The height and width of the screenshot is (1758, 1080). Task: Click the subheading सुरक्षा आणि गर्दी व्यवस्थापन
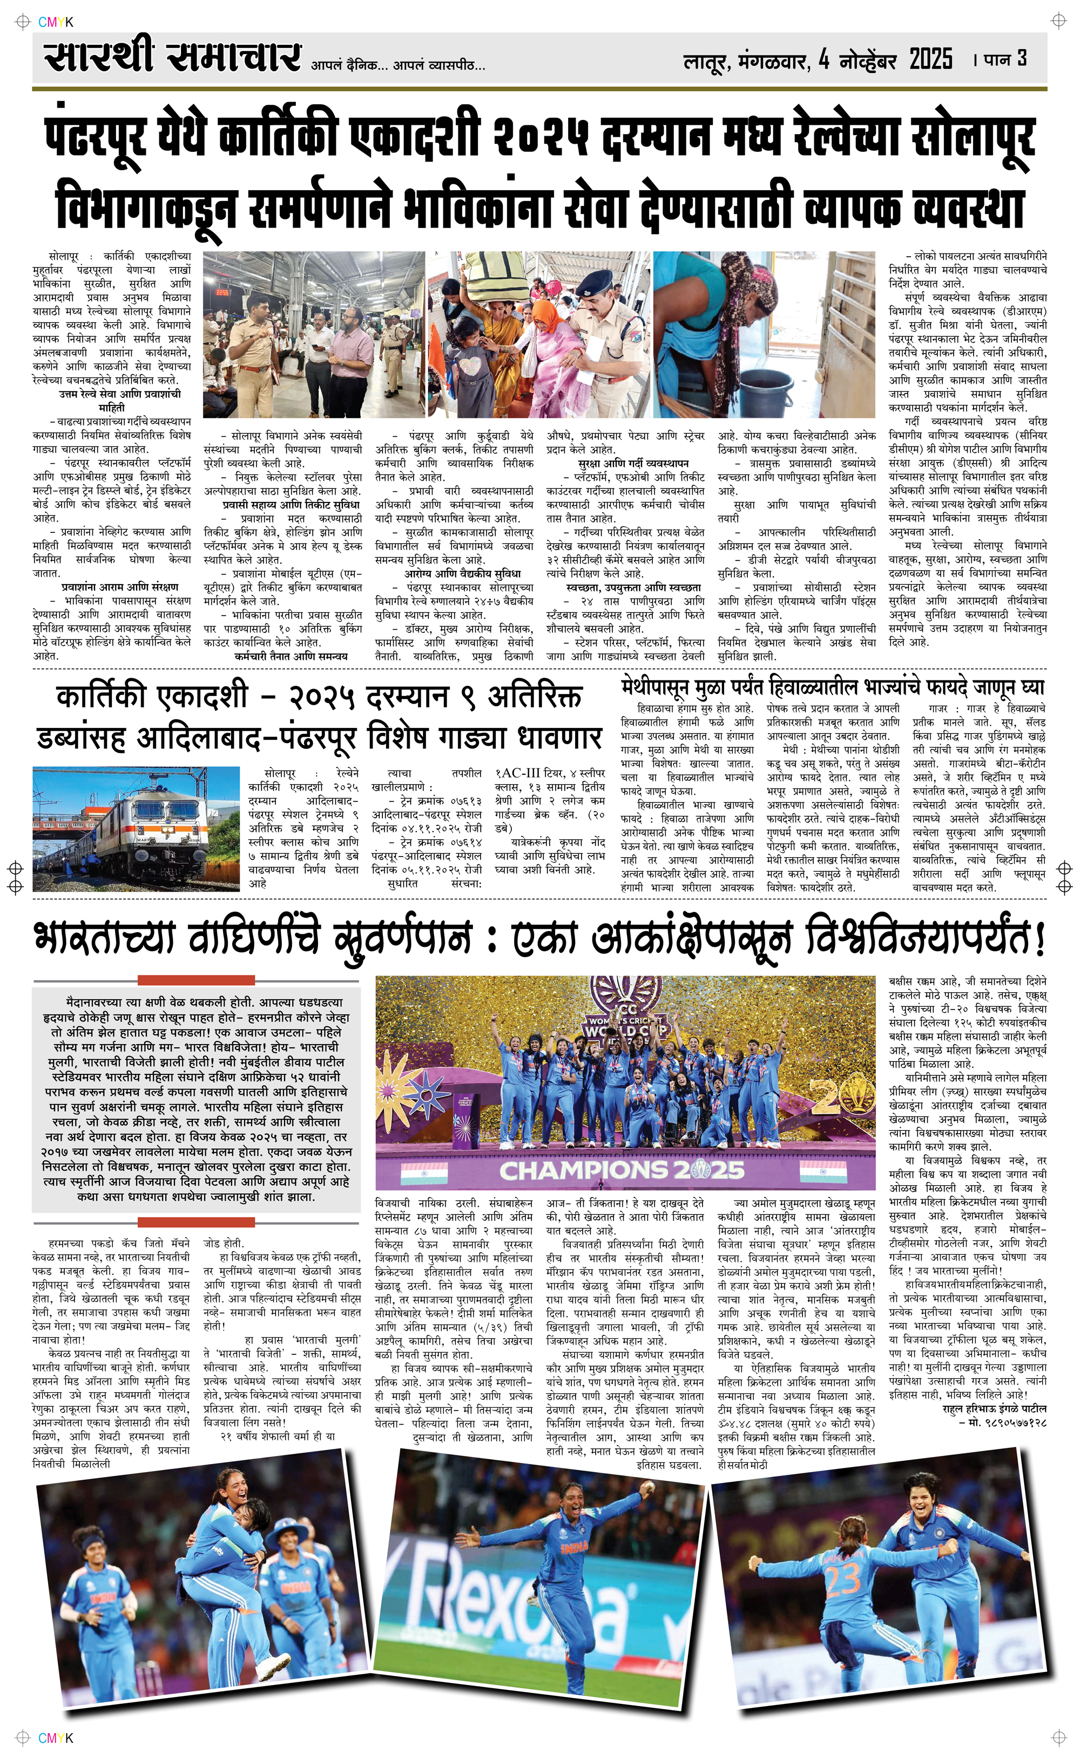pos(625,464)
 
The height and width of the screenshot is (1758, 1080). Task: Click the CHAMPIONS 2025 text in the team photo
pos(622,1170)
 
